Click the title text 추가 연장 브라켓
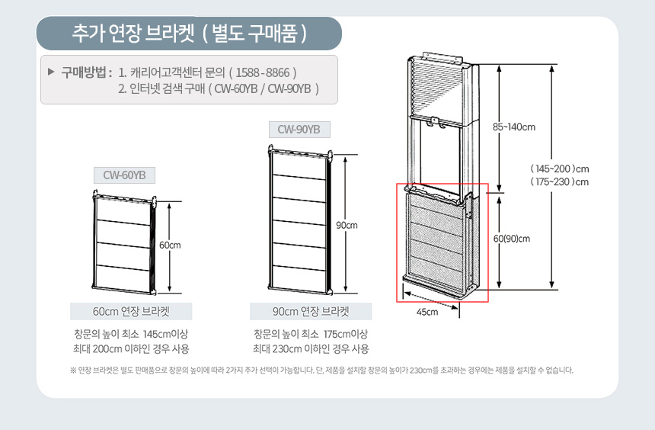[x=133, y=33]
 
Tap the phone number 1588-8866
[x=263, y=72]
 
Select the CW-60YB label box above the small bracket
[x=124, y=175]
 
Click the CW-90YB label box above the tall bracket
[x=299, y=130]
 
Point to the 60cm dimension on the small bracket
[x=170, y=245]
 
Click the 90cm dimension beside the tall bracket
[x=347, y=226]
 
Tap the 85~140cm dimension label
[x=514, y=127]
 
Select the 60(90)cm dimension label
[x=512, y=239]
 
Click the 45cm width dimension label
[x=427, y=312]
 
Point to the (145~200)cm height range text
[x=560, y=169]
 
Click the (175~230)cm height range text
[x=560, y=182]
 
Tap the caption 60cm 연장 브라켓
[x=131, y=312]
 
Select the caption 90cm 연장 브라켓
[x=311, y=312]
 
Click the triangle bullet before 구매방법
[x=51, y=72]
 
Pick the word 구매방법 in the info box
[x=84, y=72]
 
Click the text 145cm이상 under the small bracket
[x=165, y=334]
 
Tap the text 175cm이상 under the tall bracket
[x=346, y=334]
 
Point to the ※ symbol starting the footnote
[x=73, y=371]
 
